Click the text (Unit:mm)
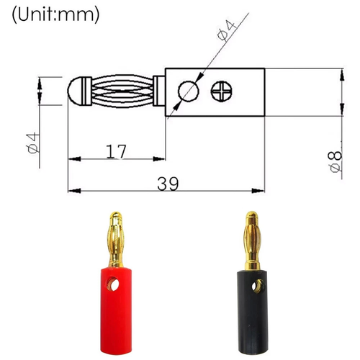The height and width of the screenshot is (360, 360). (x=55, y=13)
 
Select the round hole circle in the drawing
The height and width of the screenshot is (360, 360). (x=188, y=91)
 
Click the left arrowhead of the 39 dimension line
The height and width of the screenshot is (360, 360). (x=73, y=192)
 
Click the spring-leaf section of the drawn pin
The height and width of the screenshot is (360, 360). (x=122, y=91)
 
